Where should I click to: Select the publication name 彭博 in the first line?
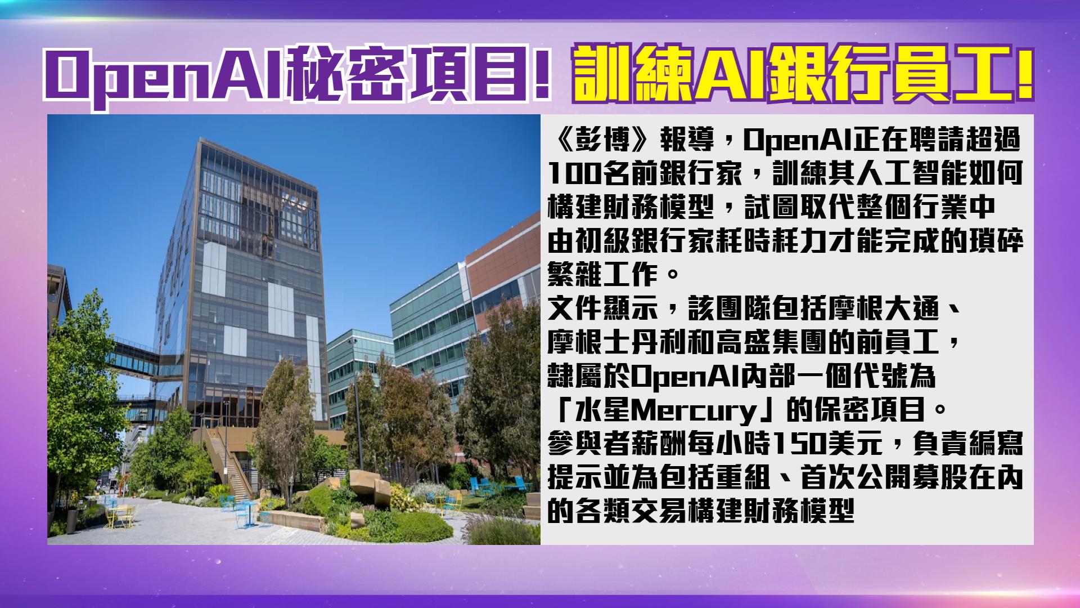604,141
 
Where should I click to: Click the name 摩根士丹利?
617,343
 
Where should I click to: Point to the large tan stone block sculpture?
366,486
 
